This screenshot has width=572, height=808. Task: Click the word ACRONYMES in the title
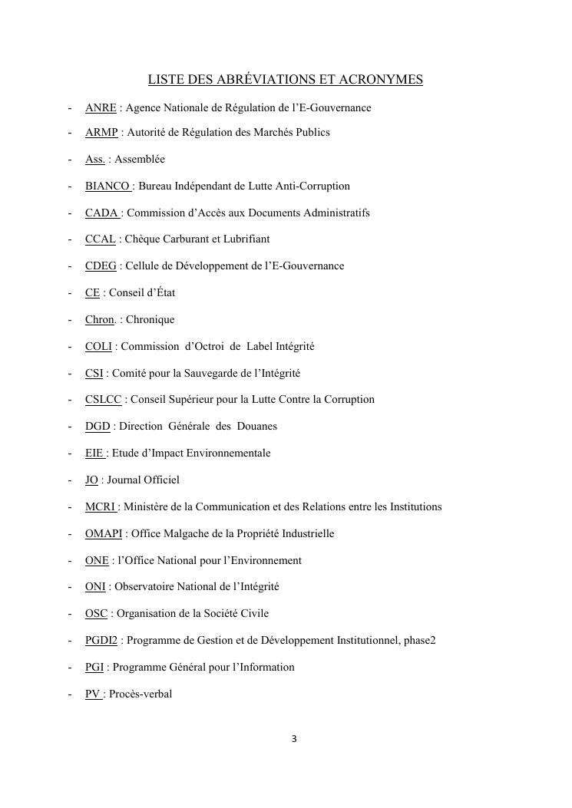[x=376, y=80]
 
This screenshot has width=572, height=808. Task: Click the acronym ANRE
[x=101, y=107]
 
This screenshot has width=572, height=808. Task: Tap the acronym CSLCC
[x=103, y=399]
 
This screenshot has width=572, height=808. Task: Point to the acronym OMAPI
[x=104, y=533]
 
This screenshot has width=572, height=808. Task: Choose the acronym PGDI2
[x=101, y=640]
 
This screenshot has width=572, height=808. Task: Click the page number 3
[x=293, y=739]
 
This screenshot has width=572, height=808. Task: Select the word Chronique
[x=150, y=319]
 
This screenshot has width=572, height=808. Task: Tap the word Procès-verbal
[x=141, y=694]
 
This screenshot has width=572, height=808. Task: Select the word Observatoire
[x=144, y=586]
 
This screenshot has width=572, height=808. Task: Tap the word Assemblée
[x=140, y=159]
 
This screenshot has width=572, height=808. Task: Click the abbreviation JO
[x=91, y=480]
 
